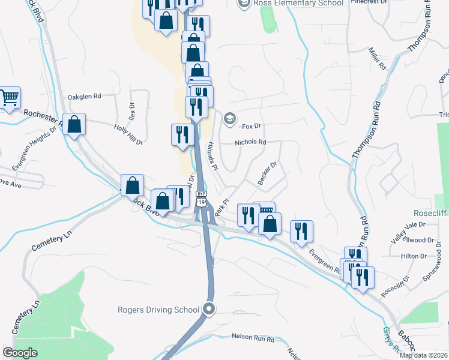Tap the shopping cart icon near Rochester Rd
[8, 97]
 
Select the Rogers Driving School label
[158, 310]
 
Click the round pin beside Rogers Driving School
[209, 310]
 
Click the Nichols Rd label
[250, 142]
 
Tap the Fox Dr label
[252, 126]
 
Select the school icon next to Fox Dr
[229, 119]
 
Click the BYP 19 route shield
[202, 199]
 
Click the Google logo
[20, 353]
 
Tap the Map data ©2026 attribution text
[423, 355]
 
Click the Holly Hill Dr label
[128, 134]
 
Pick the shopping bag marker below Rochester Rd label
[74, 125]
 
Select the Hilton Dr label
[413, 256]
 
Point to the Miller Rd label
[376, 58]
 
